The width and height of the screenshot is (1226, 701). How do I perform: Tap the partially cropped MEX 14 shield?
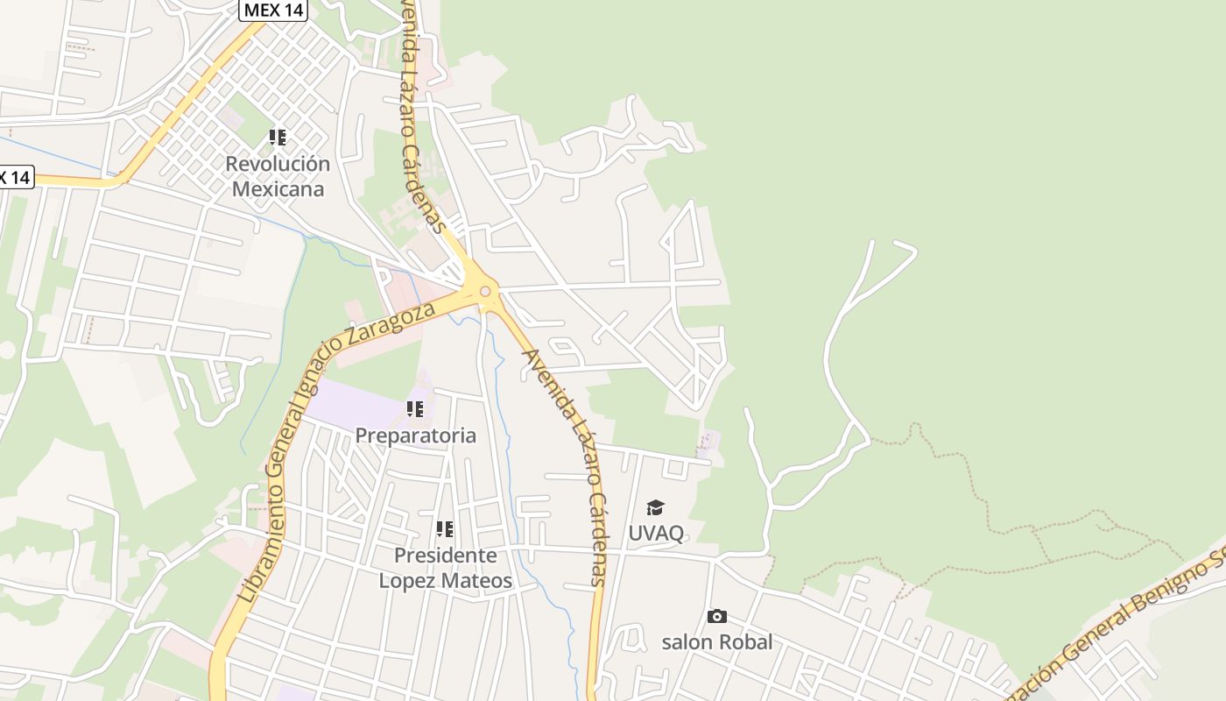click(x=15, y=177)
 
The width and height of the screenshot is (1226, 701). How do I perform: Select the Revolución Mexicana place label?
click(x=278, y=176)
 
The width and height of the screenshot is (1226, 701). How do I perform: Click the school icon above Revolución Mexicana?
click(x=278, y=138)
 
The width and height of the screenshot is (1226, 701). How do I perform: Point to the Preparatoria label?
click(x=416, y=435)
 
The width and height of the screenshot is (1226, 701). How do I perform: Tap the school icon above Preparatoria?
click(x=415, y=409)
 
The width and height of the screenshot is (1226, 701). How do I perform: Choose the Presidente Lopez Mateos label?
click(x=445, y=568)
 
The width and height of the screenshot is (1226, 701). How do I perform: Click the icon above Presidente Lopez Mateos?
click(x=445, y=529)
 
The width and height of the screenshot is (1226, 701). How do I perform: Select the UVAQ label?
click(x=656, y=533)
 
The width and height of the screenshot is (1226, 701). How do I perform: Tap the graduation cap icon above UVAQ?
click(x=655, y=508)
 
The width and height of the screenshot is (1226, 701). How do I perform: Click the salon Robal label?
click(x=717, y=642)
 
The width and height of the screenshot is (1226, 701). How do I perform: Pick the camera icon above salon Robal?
click(x=717, y=617)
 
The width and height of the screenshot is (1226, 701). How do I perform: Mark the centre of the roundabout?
click(x=485, y=292)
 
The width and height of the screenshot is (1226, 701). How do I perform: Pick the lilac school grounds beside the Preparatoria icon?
click(x=355, y=403)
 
